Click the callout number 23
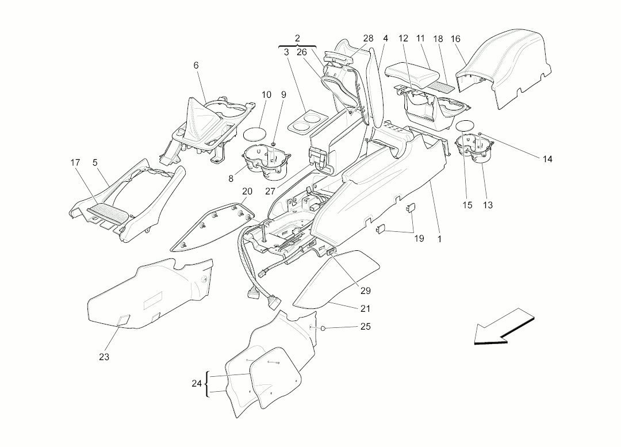[103, 357]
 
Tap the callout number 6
[196, 66]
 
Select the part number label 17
[75, 162]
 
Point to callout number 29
[366, 291]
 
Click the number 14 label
[547, 159]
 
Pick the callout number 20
[247, 192]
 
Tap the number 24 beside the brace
[197, 384]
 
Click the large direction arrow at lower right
[504, 326]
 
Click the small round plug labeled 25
[323, 328]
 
